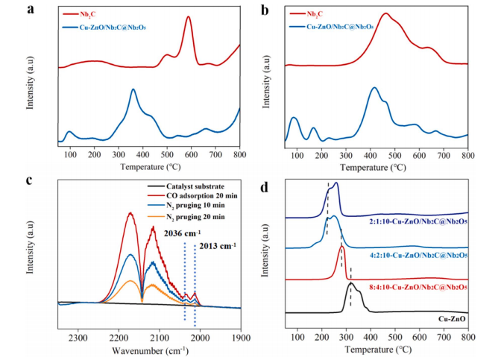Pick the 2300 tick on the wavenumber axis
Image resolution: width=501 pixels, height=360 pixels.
78,338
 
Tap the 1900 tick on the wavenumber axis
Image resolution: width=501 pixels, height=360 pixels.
240,338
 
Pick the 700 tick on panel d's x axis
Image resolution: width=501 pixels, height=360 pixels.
444,337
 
